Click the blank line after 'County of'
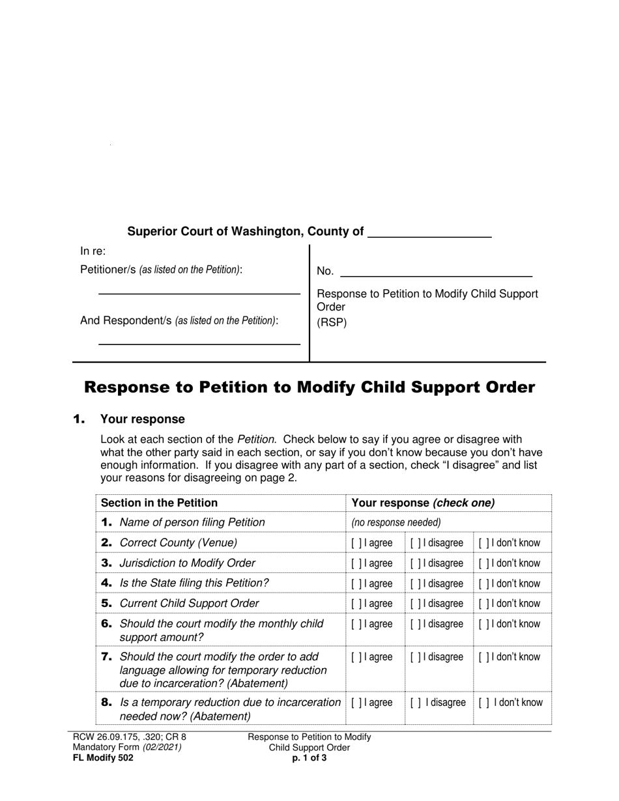pyautogui.click(x=429, y=233)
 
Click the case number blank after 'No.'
pyautogui.click(x=436, y=272)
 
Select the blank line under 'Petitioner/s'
pyautogui.click(x=199, y=290)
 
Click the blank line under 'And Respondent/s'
pyautogui.click(x=199, y=339)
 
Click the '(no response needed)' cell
pyautogui.click(x=396, y=522)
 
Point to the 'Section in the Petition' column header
pyautogui.click(x=160, y=503)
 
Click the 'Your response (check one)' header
pyautogui.click(x=423, y=503)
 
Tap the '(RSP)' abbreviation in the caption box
pyautogui.click(x=332, y=322)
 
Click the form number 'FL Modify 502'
pyautogui.click(x=103, y=757)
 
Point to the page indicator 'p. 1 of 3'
pyautogui.click(x=309, y=757)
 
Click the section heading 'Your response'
pyautogui.click(x=142, y=419)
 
